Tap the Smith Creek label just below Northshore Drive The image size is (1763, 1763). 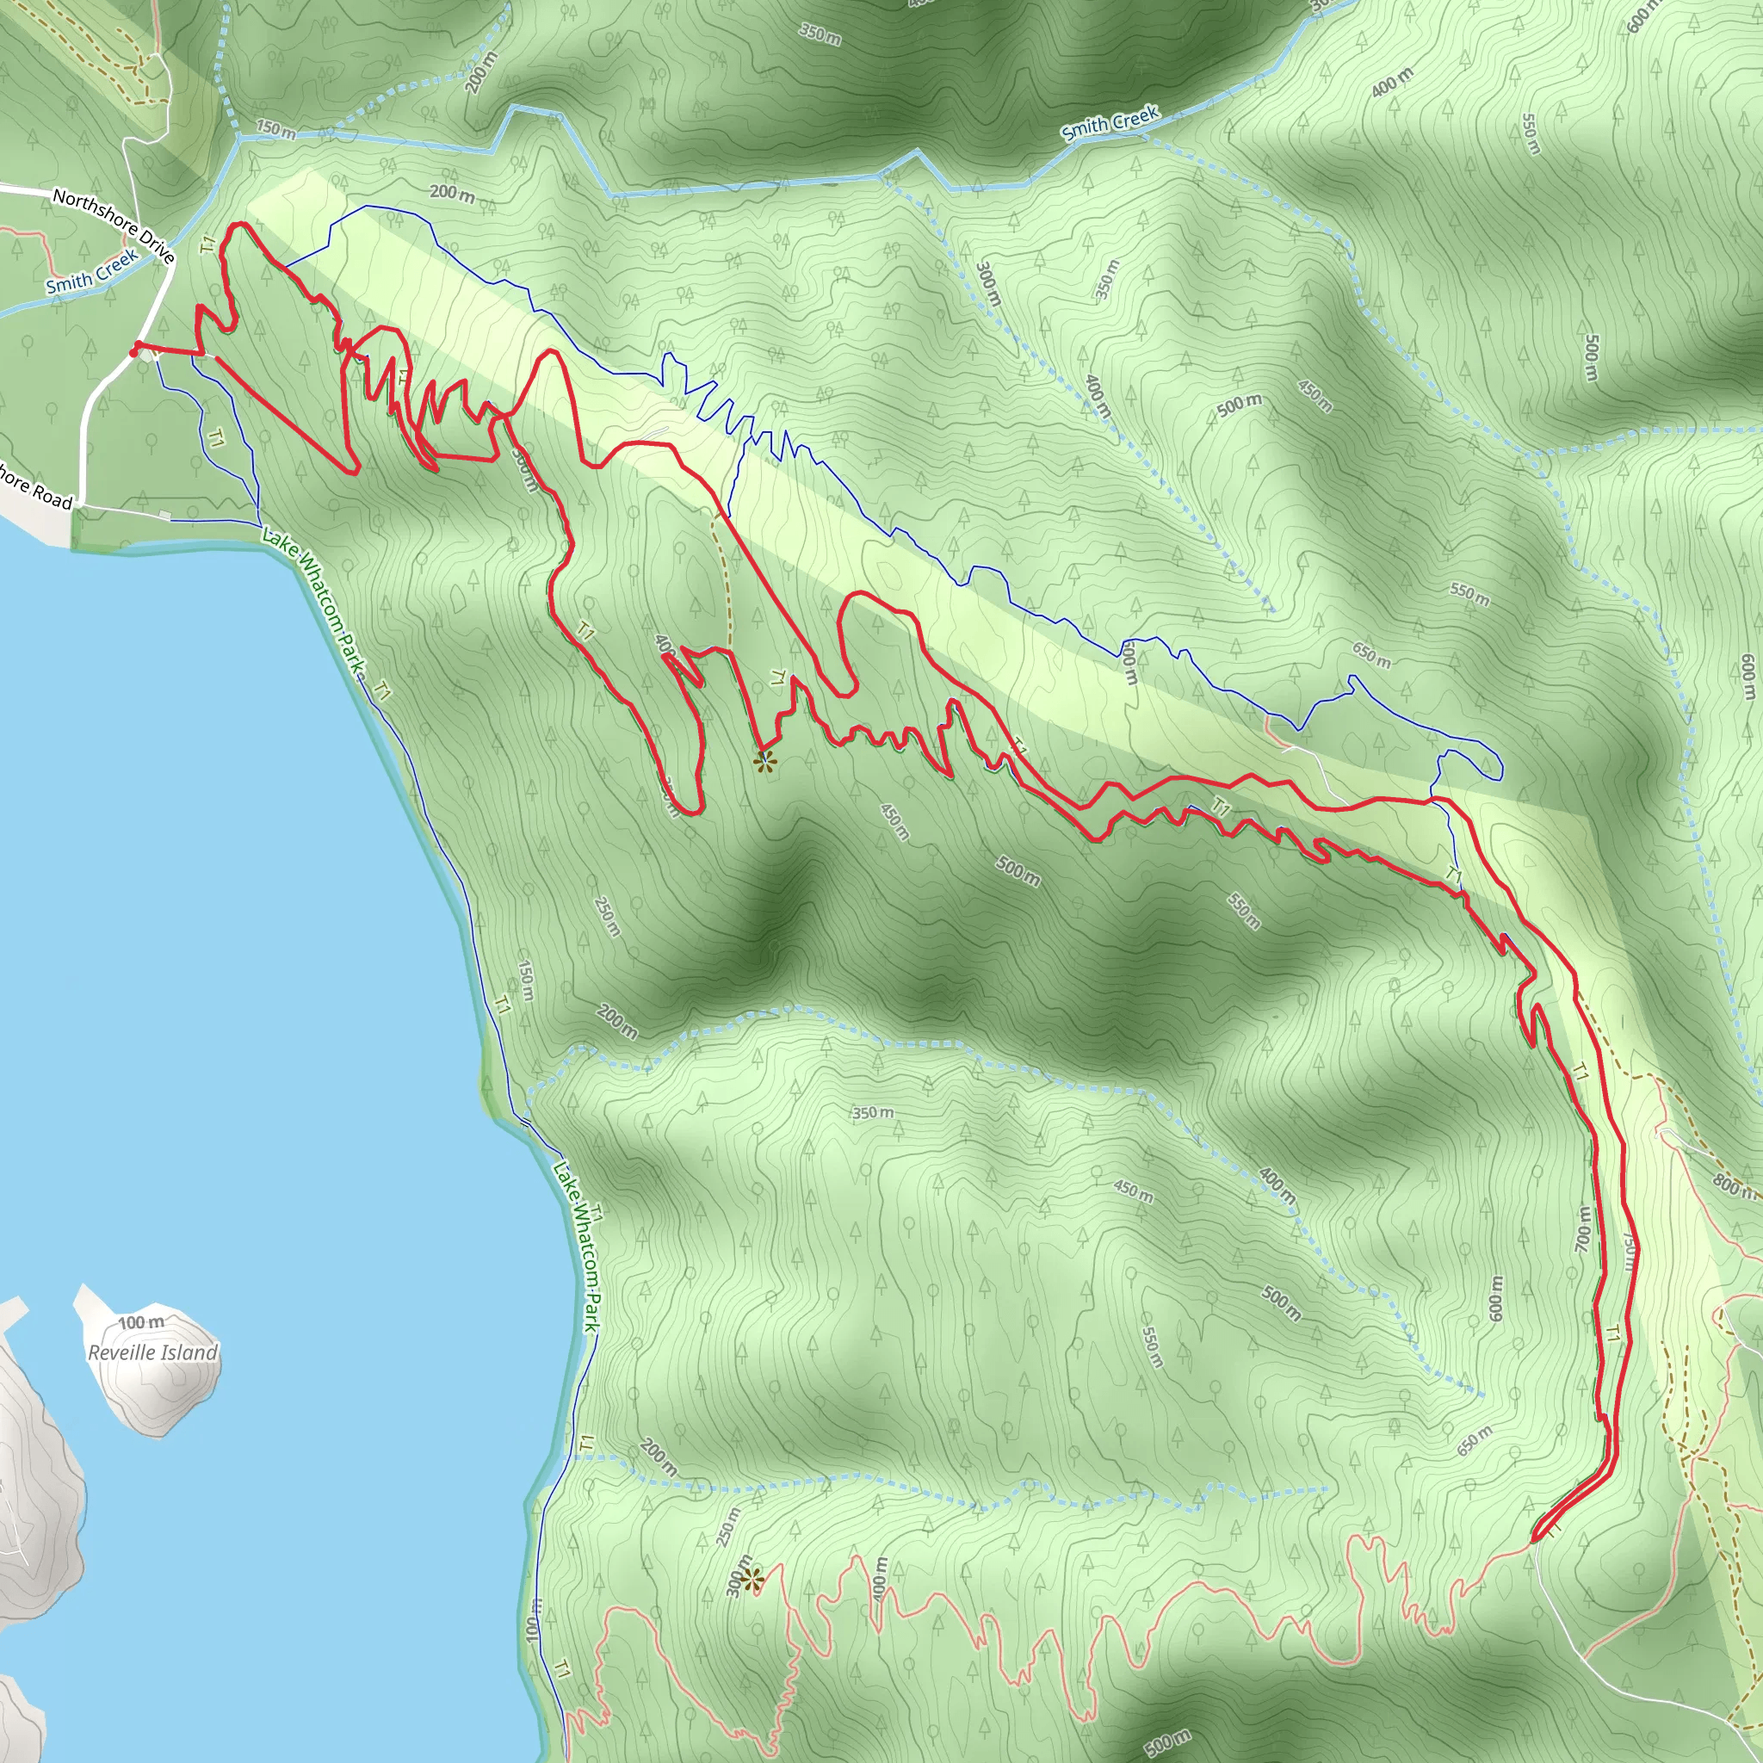click(92, 272)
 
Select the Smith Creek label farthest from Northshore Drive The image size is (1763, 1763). click(1110, 122)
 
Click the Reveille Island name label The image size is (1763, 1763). click(152, 1352)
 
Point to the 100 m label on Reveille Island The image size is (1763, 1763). click(141, 1322)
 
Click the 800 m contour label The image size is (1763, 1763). click(1734, 1185)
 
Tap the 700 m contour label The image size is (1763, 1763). click(1584, 1228)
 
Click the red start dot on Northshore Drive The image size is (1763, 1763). click(136, 348)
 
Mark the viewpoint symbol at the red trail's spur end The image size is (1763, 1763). click(764, 761)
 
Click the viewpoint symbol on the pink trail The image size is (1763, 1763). click(751, 1580)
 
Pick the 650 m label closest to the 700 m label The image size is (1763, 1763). click(1475, 1440)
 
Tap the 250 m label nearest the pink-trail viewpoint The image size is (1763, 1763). click(727, 1526)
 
